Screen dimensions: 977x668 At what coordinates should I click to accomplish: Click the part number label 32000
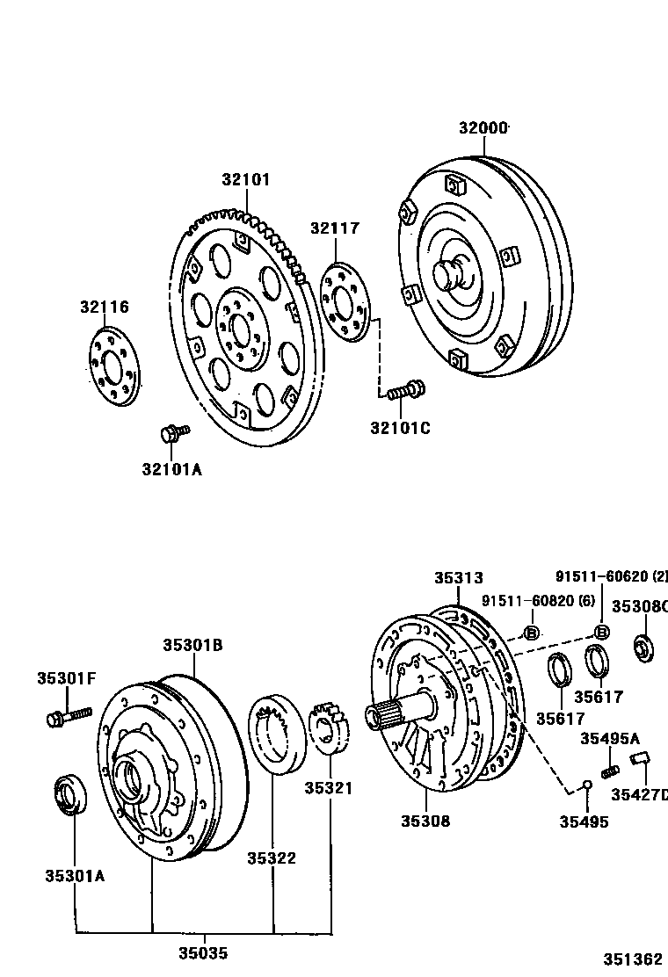coord(483,128)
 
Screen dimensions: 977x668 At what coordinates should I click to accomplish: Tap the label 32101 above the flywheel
coord(246,179)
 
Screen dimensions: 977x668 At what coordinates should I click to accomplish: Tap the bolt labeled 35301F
coord(67,715)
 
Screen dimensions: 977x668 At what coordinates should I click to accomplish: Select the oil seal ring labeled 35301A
coord(70,795)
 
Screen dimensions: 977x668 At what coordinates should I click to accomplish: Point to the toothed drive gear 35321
coord(331,728)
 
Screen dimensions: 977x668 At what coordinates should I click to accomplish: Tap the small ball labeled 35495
coord(585,785)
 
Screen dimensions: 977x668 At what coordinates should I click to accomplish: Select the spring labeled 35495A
coord(606,771)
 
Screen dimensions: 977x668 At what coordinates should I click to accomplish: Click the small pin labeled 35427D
coord(640,758)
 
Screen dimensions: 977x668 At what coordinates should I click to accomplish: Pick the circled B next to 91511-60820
coord(532,633)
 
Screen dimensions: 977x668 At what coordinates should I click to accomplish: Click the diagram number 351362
coord(632,959)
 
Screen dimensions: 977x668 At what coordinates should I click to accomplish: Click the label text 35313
coord(458,578)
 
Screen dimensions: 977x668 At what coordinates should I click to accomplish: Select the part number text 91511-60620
coord(604,576)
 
